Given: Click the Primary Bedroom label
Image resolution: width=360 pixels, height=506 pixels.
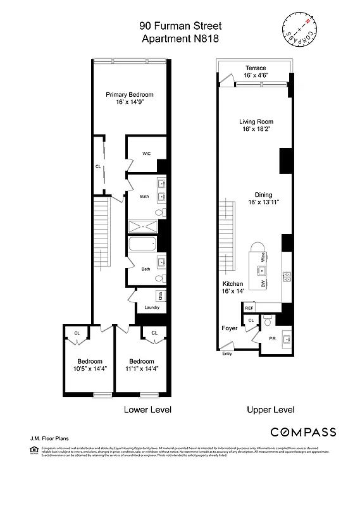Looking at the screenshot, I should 130,95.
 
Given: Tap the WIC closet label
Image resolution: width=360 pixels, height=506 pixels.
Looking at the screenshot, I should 146,153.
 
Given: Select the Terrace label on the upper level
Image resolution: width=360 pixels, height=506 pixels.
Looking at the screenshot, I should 255,68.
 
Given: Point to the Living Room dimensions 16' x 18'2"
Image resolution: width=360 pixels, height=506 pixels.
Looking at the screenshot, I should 256,130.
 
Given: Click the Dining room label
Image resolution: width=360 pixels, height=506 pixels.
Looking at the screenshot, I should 263,195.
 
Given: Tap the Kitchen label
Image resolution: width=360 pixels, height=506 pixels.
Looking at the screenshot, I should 232,284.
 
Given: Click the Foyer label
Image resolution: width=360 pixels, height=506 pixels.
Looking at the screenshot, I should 229,328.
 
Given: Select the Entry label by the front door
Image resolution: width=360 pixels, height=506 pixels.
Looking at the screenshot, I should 227,354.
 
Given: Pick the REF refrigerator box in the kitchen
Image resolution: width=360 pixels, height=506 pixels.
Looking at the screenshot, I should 249,308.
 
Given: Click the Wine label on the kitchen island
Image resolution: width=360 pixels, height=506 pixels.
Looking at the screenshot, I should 262,257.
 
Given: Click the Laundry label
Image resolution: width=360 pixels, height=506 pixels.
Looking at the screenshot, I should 152,307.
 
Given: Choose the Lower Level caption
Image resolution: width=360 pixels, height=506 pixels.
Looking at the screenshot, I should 147,410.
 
